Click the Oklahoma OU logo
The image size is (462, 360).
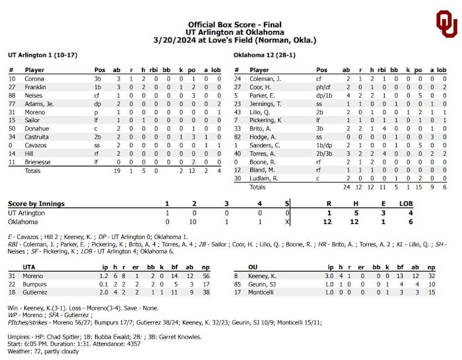point(445,24)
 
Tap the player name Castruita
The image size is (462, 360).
point(37,136)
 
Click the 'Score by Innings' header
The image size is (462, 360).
point(36,203)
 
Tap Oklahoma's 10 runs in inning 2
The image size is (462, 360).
point(195,222)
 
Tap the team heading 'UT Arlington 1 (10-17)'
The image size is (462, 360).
point(41,55)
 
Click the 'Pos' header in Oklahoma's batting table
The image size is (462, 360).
point(321,70)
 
